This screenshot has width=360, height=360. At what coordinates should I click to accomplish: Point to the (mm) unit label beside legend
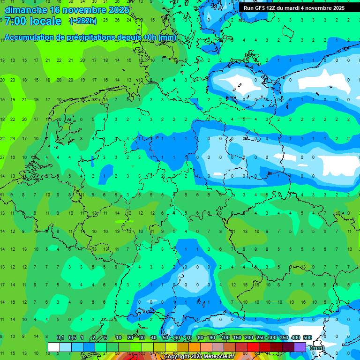pos(317,348)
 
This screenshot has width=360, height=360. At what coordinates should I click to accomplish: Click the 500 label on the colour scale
pos(307,337)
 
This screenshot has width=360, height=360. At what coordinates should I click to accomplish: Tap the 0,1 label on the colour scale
pos(60,337)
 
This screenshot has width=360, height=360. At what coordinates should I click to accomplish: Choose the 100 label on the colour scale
pos(225,337)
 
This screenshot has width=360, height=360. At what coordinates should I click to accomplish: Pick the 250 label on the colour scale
pos(260,337)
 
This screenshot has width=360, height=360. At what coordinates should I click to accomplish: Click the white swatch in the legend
pos(54,347)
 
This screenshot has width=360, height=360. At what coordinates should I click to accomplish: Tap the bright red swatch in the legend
pos(253,347)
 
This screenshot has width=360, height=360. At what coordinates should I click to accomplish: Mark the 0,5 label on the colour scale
pos(72,337)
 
